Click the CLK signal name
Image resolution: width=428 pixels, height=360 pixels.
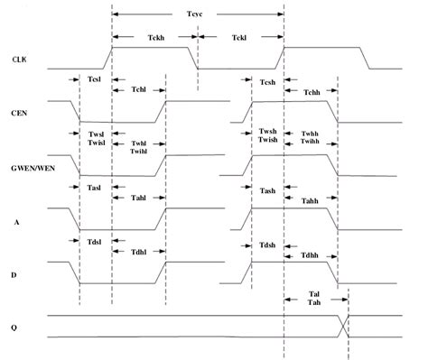pyautogui.click(x=20, y=60)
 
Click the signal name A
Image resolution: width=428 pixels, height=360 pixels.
pyautogui.click(x=16, y=220)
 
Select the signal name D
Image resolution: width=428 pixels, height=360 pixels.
pyautogui.click(x=16, y=273)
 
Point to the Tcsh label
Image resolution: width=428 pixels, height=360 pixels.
pyautogui.click(x=267, y=81)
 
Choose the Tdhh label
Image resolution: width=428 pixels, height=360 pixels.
pyautogui.click(x=311, y=255)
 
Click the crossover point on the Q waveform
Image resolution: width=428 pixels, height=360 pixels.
pyautogui.click(x=342, y=326)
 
